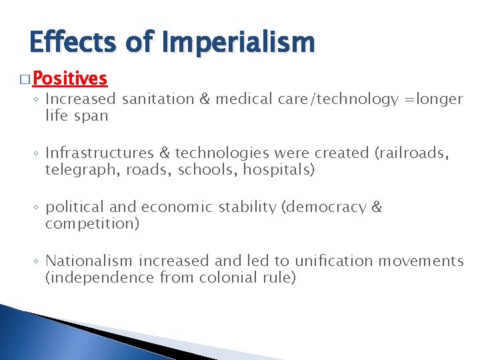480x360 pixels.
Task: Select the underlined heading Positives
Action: pos(69,79)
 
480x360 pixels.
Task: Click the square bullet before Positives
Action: pos(24,80)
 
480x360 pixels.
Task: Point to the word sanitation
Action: pos(155,99)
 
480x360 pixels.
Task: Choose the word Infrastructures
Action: pos(97,153)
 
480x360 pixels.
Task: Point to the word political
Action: pos(71,207)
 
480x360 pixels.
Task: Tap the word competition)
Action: pos(92,223)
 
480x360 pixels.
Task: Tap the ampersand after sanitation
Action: pos(203,99)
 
